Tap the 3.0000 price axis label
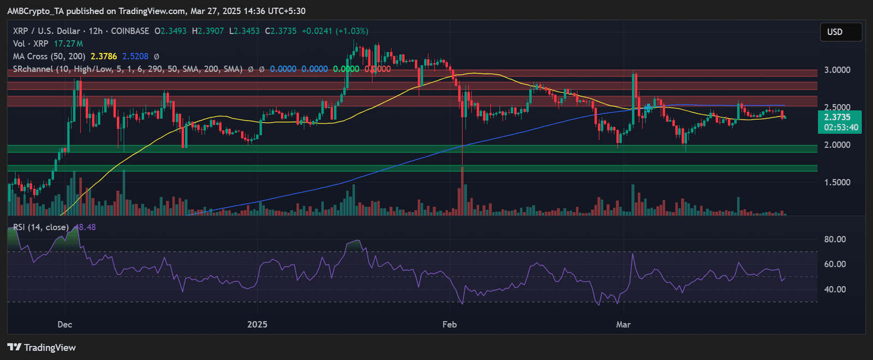837,70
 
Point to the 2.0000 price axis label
837,145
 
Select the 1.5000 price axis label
837,183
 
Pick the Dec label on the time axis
64,325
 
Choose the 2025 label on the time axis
257,325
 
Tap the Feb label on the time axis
449,325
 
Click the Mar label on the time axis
623,325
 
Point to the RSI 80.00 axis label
835,239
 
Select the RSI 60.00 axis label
835,265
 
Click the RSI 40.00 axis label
835,290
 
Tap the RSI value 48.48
86,227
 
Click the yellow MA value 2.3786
104,57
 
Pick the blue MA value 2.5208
135,57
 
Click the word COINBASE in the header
130,32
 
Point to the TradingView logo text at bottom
50,348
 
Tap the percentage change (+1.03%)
352,32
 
